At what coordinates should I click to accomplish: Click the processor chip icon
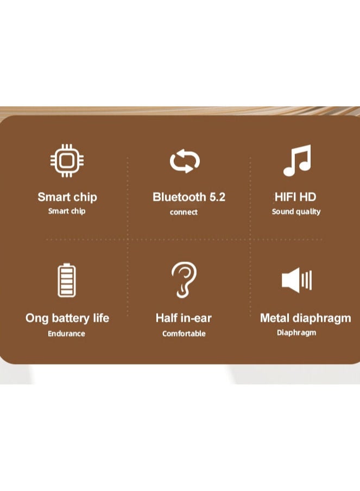click(x=66, y=161)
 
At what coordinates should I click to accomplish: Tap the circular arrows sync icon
click(x=185, y=161)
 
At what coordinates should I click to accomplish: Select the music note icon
click(x=297, y=160)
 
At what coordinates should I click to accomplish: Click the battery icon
click(x=67, y=280)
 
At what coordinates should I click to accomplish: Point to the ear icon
click(x=184, y=279)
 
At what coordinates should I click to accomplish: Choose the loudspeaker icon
click(x=296, y=280)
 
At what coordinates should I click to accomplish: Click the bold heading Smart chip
click(x=67, y=197)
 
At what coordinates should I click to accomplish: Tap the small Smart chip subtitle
click(x=67, y=211)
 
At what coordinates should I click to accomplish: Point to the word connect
click(x=184, y=212)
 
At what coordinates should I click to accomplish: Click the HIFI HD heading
click(x=295, y=197)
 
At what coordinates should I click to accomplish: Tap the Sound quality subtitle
click(x=296, y=212)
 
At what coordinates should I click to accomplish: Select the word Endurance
click(x=66, y=334)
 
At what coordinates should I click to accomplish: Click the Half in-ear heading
click(x=184, y=318)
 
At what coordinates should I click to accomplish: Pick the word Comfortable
click(x=184, y=334)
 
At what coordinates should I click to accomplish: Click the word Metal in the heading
click(x=275, y=318)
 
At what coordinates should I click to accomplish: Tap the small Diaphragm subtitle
click(x=296, y=333)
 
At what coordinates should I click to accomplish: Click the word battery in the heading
click(x=71, y=318)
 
